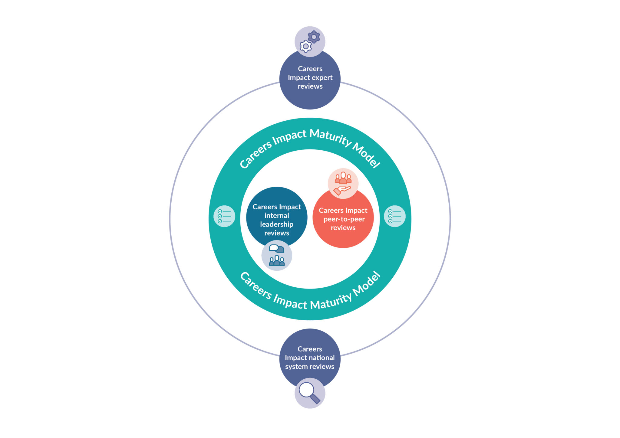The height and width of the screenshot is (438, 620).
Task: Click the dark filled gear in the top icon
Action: (314, 37)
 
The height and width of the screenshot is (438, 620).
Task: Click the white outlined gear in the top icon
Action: (306, 46)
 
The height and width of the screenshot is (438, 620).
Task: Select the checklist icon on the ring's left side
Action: (224, 216)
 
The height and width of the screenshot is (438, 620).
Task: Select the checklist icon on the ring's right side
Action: (395, 216)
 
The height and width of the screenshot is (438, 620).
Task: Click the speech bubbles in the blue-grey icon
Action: (277, 249)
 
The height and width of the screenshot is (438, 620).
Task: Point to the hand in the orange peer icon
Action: (342, 190)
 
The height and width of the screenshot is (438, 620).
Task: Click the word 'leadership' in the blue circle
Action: (277, 224)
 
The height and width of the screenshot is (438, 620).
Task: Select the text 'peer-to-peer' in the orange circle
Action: (344, 219)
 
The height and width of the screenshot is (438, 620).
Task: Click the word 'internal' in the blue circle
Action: (277, 215)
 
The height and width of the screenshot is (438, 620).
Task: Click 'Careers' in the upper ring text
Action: (256, 154)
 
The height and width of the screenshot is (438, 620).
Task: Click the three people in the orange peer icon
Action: (343, 178)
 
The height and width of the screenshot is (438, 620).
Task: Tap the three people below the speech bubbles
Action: (277, 260)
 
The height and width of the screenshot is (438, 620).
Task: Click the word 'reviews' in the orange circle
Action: (343, 228)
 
